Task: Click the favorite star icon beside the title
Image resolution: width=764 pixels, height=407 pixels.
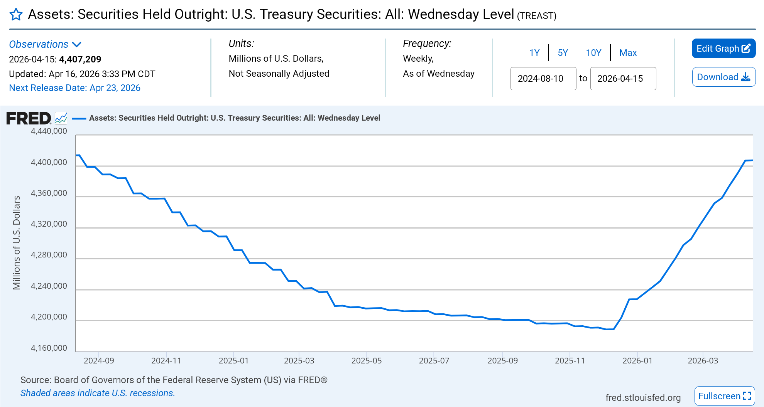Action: tap(16, 15)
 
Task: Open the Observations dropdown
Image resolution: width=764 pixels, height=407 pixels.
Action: tap(45, 44)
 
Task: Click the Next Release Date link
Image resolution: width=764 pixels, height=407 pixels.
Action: tap(74, 88)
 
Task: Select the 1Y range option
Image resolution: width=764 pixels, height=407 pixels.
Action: tap(534, 53)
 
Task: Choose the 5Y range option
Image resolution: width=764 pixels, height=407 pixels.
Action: tap(563, 53)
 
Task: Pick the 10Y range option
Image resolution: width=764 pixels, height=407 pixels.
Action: tap(593, 53)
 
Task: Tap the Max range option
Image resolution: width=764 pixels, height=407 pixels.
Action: tap(628, 53)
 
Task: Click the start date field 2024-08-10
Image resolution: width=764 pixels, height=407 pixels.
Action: tap(543, 79)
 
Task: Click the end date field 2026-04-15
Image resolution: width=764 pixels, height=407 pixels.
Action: tap(623, 79)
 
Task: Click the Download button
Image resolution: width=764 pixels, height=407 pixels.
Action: tap(723, 77)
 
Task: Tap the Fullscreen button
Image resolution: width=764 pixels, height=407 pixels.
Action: tap(724, 396)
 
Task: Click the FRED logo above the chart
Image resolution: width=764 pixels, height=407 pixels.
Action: tap(29, 118)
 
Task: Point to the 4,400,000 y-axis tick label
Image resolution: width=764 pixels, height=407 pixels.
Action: tap(49, 162)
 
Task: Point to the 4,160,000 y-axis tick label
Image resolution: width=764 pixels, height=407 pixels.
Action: tap(49, 348)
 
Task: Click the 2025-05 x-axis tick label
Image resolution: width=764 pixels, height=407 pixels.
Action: tap(366, 361)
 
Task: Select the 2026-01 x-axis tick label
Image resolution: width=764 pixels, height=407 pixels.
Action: tap(637, 361)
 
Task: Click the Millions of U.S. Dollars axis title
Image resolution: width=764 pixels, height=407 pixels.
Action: tap(17, 242)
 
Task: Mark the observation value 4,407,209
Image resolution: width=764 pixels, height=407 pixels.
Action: tap(80, 59)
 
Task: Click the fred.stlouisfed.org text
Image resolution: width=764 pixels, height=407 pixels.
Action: tap(643, 397)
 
